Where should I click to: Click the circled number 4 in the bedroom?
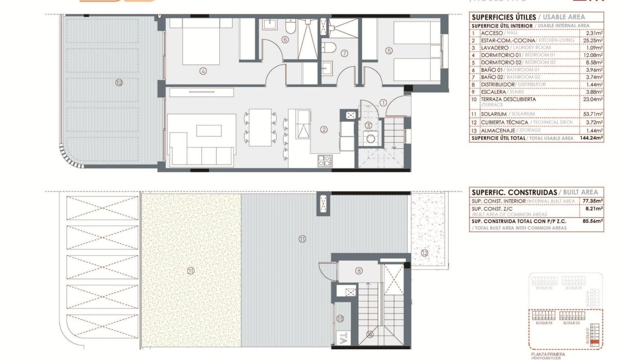[204, 71]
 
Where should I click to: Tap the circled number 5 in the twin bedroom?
[389, 50]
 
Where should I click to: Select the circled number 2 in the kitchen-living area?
[323, 129]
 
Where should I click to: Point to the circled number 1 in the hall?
[383, 102]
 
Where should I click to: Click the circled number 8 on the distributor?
[359, 271]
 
